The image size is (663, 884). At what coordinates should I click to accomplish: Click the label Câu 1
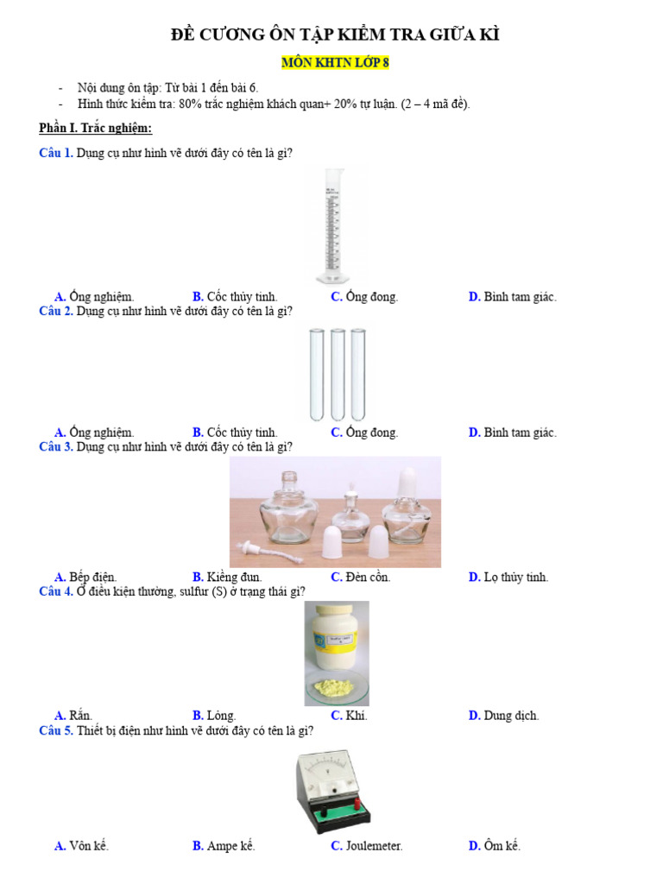55,154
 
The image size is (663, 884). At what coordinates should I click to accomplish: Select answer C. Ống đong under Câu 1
364,297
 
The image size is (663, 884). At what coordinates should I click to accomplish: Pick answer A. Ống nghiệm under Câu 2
94,433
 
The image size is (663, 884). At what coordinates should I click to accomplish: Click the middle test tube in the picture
338,373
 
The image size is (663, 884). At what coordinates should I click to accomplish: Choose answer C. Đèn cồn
361,577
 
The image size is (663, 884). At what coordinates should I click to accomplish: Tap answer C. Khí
349,716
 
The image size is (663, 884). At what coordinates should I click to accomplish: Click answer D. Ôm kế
495,846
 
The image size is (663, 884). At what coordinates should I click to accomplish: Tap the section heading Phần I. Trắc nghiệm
95,129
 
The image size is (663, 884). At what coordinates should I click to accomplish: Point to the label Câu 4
55,591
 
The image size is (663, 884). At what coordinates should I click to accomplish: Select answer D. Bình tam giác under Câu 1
513,297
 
